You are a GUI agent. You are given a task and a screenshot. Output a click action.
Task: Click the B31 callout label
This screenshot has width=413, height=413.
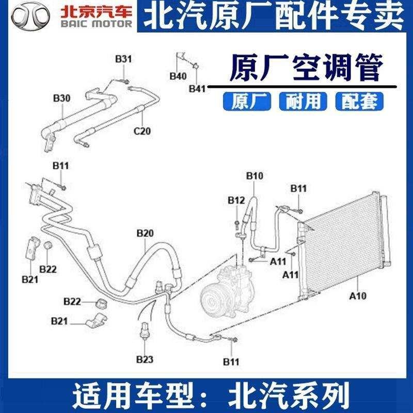[x=123, y=59]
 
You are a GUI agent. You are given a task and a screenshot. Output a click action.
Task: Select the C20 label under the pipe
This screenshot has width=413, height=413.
[x=142, y=131]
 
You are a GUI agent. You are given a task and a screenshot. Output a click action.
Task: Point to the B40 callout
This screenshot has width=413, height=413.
[x=178, y=76]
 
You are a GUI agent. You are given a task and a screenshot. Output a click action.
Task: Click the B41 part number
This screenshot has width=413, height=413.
[x=197, y=89]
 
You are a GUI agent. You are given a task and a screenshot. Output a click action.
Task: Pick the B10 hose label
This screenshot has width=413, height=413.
[x=255, y=177]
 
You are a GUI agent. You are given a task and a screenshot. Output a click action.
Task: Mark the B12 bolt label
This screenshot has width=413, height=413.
[x=236, y=200]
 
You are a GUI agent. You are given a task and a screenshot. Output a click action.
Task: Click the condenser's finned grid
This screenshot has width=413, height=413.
[x=343, y=243]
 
